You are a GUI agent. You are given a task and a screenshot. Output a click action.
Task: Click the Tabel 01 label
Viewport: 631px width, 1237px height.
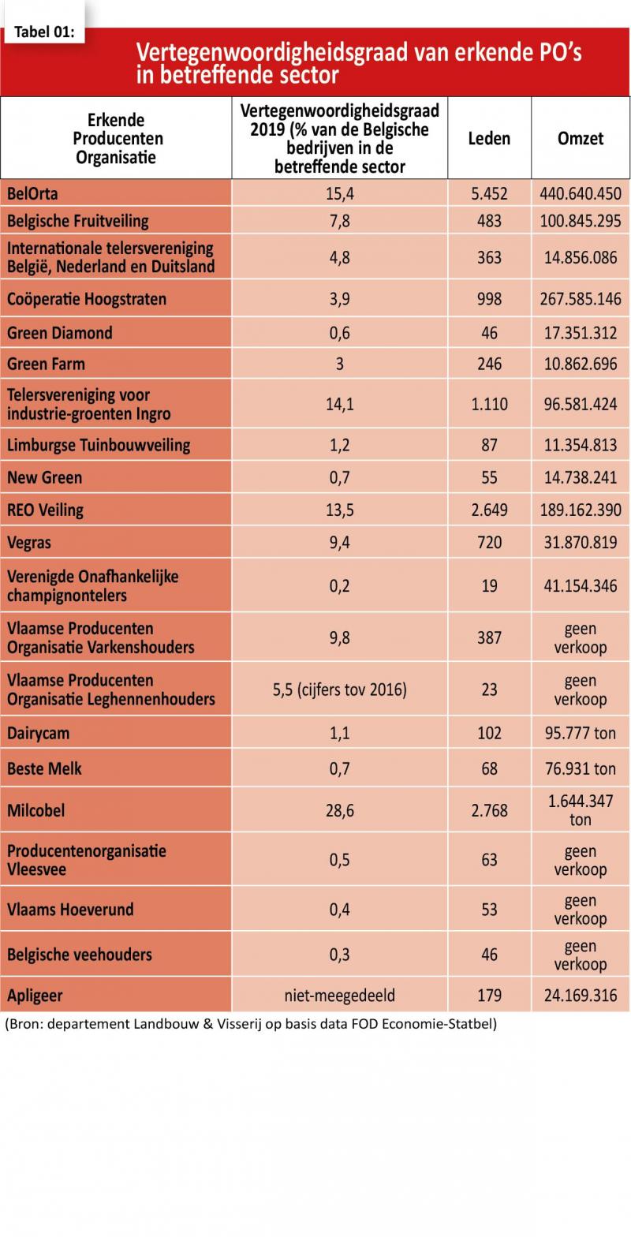pos(44,32)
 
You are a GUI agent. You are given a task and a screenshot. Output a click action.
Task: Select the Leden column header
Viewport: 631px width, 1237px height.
pos(489,138)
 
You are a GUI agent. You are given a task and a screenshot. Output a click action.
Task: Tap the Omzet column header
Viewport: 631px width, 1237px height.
pos(581,138)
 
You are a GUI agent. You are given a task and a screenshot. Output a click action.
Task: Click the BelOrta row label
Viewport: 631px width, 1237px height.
pos(32,194)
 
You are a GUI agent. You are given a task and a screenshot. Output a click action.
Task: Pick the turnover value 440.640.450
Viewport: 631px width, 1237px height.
pos(581,194)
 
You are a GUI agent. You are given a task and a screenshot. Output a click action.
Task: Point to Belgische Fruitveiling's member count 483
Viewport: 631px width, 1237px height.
pos(489,221)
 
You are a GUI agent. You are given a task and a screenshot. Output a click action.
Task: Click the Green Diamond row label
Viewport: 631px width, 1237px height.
pos(60,333)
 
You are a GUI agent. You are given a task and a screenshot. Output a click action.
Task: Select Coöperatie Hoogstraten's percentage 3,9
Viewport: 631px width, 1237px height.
pos(339,299)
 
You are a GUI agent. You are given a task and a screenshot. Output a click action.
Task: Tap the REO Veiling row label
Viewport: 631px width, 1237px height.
pos(45,510)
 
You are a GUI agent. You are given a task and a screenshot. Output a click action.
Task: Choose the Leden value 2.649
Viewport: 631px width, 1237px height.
pos(489,510)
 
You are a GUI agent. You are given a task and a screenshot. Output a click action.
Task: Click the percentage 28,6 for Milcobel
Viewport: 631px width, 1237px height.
pos(339,811)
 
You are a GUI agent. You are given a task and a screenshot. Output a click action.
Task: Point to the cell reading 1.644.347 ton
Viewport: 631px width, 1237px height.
pos(581,810)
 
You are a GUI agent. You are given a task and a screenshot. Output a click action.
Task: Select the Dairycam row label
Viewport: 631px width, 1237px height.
pos(39,734)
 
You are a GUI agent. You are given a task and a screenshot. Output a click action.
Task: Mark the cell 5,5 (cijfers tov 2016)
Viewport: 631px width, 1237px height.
pos(339,690)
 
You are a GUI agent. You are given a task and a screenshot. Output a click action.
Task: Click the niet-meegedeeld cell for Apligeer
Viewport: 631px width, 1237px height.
pos(339,996)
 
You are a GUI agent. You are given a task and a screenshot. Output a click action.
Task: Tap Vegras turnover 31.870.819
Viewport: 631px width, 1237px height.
pos(581,542)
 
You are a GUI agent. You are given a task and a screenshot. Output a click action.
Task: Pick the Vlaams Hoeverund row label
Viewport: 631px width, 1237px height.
pos(70,910)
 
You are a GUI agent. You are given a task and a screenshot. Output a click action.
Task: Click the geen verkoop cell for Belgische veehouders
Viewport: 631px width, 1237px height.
pos(581,955)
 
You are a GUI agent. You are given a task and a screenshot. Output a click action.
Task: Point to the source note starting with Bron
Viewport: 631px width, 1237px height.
pos(251,1024)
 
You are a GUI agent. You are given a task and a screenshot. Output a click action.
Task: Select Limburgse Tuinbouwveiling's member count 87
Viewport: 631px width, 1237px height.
pos(489,445)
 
